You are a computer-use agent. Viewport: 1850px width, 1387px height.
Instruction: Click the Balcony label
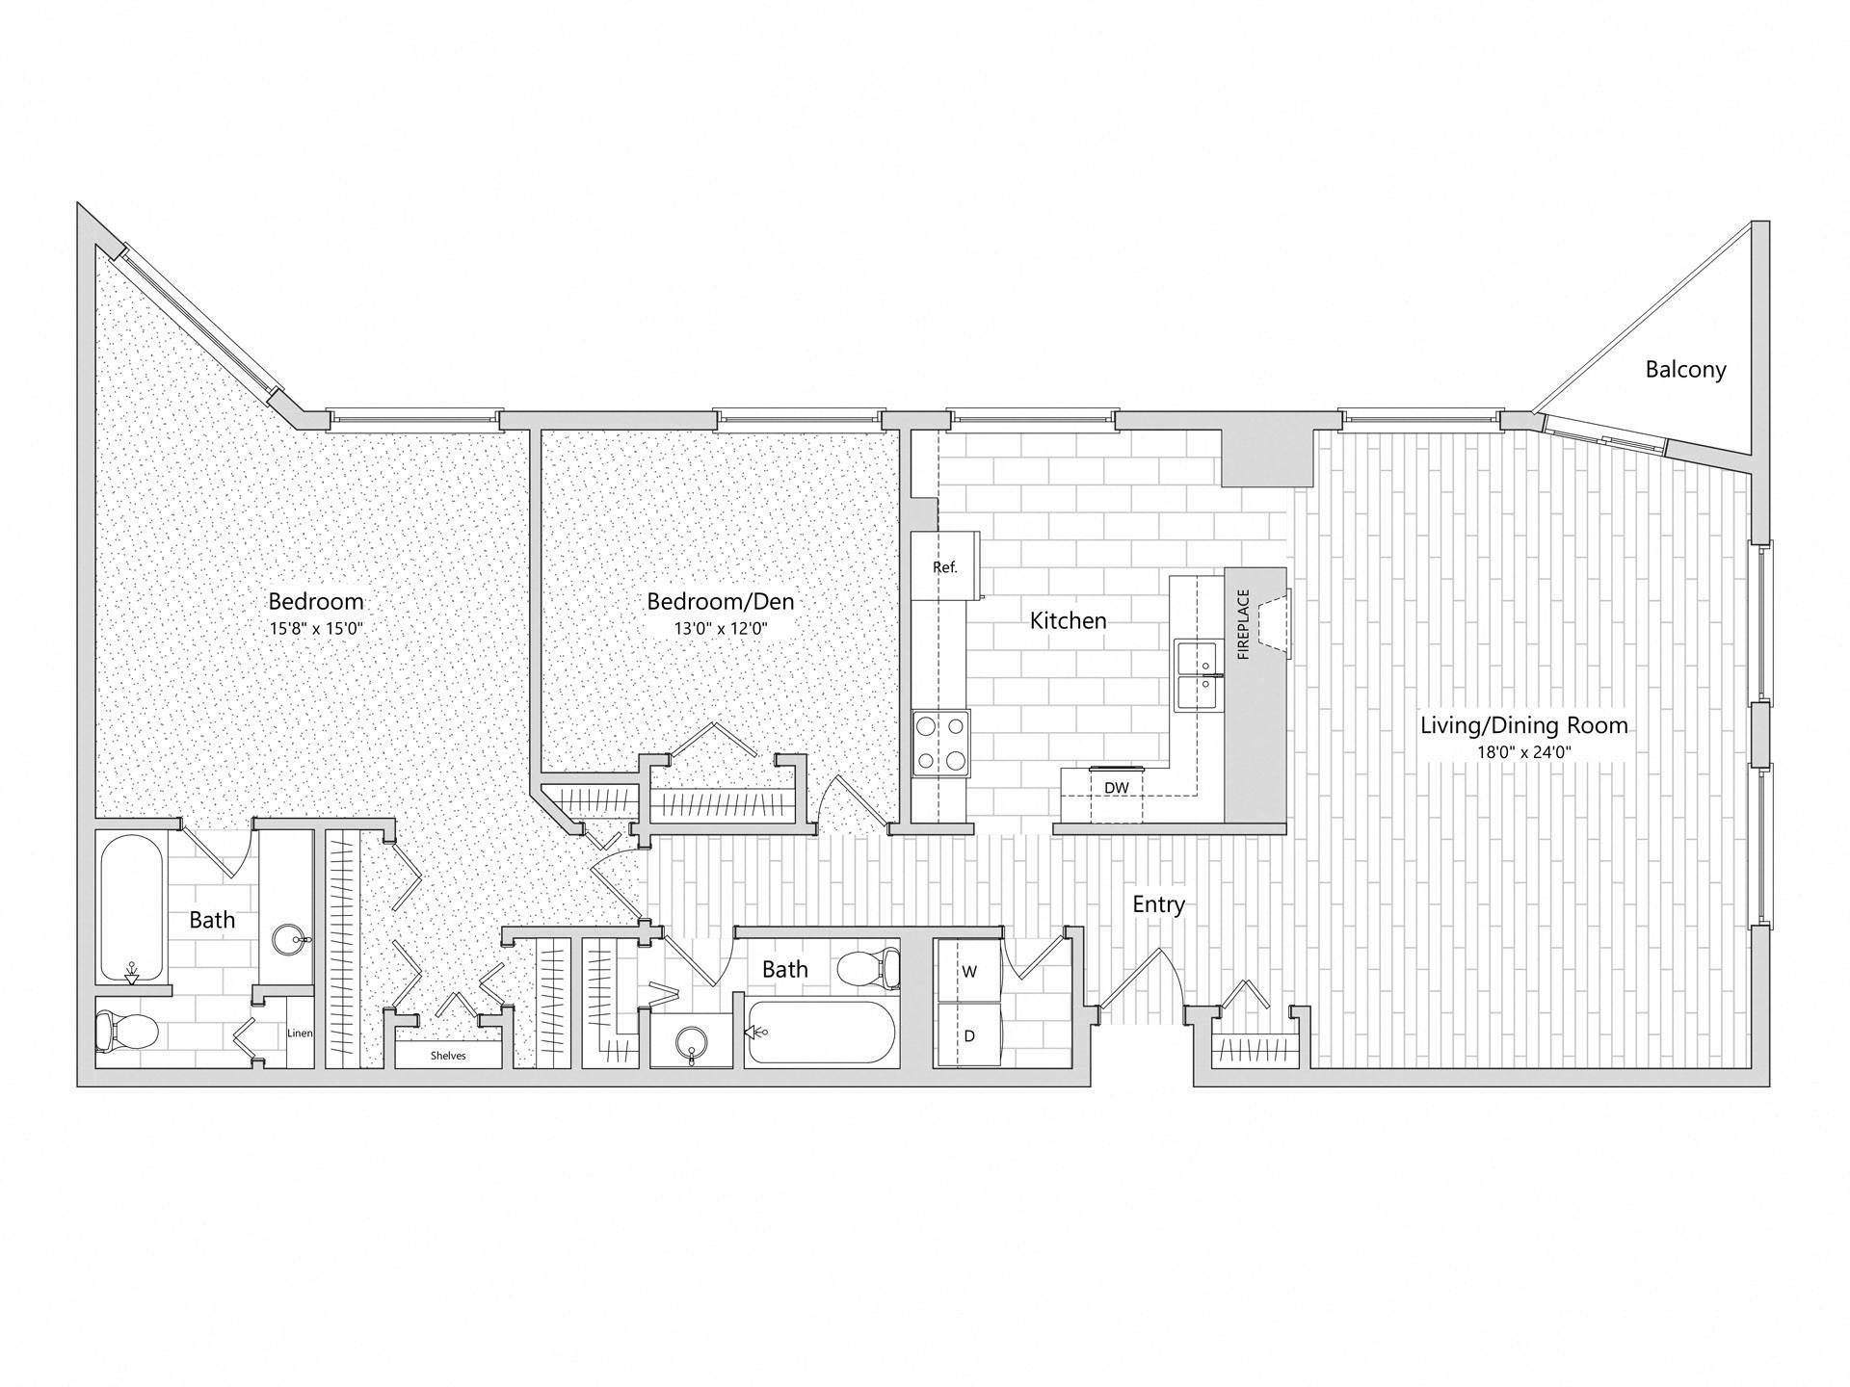1685,369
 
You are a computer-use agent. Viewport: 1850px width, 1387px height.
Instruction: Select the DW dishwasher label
1117,788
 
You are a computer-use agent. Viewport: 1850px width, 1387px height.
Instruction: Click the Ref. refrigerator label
945,567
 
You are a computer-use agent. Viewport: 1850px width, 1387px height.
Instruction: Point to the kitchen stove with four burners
941,742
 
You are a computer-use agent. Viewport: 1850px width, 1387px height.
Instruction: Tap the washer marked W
968,971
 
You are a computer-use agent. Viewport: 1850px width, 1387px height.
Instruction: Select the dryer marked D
968,1035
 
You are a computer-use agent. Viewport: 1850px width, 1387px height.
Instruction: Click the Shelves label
448,1056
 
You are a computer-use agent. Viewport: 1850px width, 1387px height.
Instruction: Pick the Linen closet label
300,1034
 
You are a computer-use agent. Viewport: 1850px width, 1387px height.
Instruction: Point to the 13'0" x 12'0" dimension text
720,628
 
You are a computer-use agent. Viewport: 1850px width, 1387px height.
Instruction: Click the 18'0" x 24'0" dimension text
1524,752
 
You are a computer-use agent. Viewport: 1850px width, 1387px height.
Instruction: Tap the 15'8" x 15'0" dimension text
315,628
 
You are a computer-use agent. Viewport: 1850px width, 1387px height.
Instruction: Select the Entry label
1158,904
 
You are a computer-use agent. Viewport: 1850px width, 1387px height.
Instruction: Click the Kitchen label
1068,620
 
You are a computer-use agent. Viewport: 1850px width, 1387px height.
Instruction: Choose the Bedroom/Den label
721,602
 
